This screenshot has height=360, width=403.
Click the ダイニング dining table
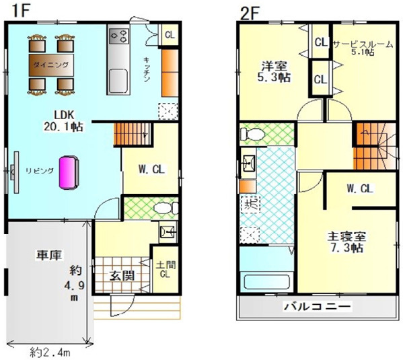pyautogui.click(x=51, y=65)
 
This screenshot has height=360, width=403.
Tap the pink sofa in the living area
pyautogui.click(x=69, y=173)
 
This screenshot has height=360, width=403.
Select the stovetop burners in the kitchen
pyautogui.click(x=118, y=36)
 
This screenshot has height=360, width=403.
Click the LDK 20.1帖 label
pyautogui.click(x=63, y=121)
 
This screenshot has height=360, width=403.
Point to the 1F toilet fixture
pyautogui.click(x=166, y=208)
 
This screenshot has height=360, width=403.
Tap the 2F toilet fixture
pyautogui.click(x=252, y=134)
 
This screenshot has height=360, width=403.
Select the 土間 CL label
pyautogui.click(x=166, y=269)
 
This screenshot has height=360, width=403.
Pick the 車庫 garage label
pyautogui.click(x=49, y=255)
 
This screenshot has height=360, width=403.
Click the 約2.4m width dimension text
pyautogui.click(x=50, y=353)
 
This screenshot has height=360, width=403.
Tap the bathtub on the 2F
pyautogui.click(x=266, y=283)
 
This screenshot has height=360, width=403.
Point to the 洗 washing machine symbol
pyautogui.click(x=250, y=204)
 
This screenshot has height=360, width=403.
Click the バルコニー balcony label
pyautogui.click(x=317, y=307)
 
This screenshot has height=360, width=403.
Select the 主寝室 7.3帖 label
pyautogui.click(x=346, y=242)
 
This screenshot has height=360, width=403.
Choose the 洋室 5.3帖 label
pyautogui.click(x=274, y=71)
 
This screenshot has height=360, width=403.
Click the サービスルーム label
pyautogui.click(x=363, y=44)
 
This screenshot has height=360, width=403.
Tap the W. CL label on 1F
pyautogui.click(x=151, y=170)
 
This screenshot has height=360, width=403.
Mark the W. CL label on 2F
pyautogui.click(x=359, y=188)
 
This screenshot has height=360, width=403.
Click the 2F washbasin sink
pyautogui.click(x=248, y=163)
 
